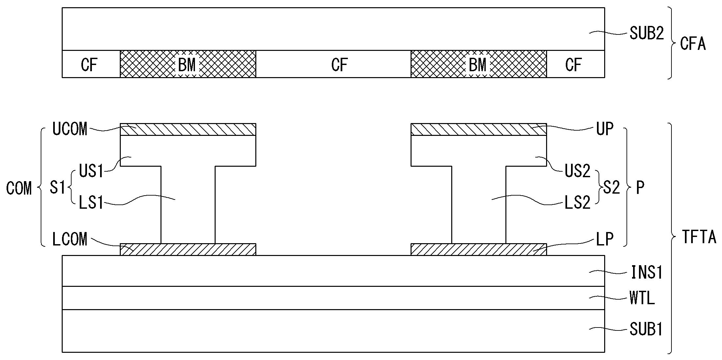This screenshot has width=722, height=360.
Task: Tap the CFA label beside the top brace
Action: click(x=692, y=43)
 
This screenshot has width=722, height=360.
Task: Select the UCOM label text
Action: click(x=70, y=129)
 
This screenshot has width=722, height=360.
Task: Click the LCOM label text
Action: click(x=70, y=239)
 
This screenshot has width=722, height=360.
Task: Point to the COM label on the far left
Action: click(x=19, y=188)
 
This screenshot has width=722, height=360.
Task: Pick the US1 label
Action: click(x=91, y=171)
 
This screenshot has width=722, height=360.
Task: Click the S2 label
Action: click(x=611, y=187)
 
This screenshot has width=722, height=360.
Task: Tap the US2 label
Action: click(x=577, y=171)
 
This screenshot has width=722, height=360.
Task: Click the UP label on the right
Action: click(x=605, y=129)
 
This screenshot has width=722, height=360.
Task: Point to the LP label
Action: click(x=605, y=240)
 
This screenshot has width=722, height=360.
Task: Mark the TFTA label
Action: click(x=699, y=237)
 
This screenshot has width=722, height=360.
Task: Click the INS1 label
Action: click(x=646, y=272)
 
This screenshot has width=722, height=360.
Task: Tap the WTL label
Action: click(x=642, y=298)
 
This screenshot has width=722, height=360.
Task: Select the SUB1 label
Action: click(x=646, y=329)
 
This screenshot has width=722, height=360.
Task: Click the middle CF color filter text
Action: click(x=339, y=65)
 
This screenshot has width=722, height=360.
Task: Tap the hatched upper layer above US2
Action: click(x=478, y=129)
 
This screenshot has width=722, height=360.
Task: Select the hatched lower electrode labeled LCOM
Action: click(x=188, y=249)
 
